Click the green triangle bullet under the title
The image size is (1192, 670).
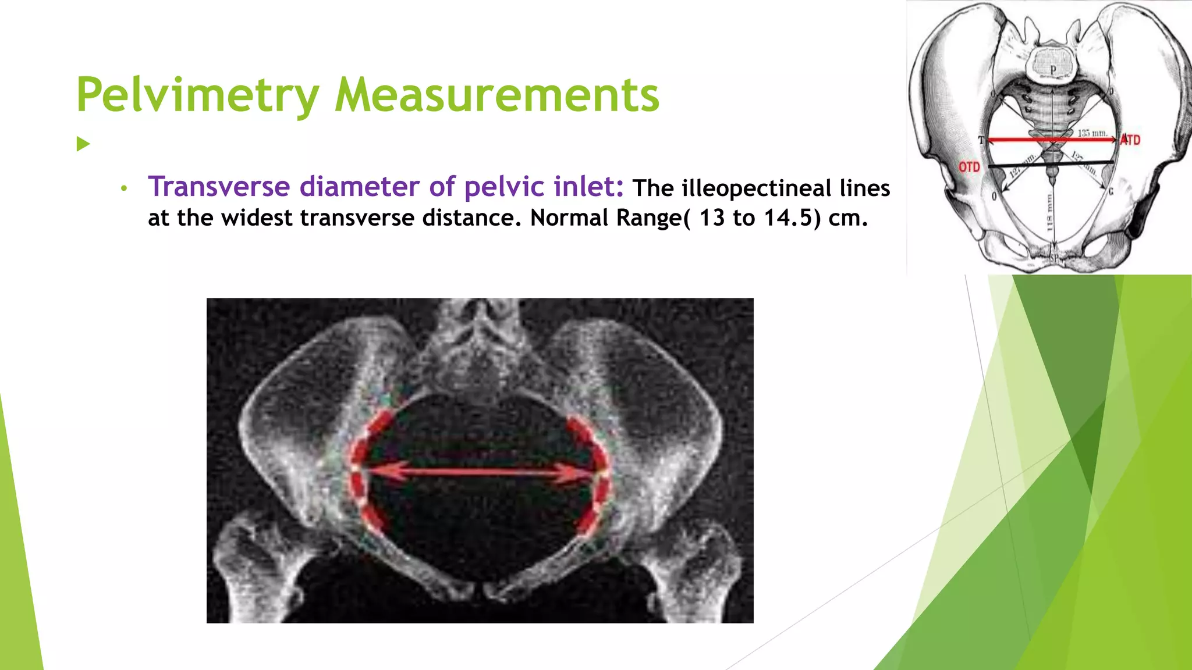[83, 144]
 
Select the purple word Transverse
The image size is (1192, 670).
[219, 187]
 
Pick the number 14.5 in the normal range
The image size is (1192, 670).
[790, 218]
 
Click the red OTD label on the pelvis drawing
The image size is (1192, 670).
[969, 167]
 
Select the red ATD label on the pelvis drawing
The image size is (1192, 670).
[1131, 140]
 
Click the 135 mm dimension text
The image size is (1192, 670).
[1092, 133]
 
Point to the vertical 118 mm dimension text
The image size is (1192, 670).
[1050, 212]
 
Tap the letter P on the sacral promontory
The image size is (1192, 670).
[1053, 69]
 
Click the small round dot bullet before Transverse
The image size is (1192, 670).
[123, 188]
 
